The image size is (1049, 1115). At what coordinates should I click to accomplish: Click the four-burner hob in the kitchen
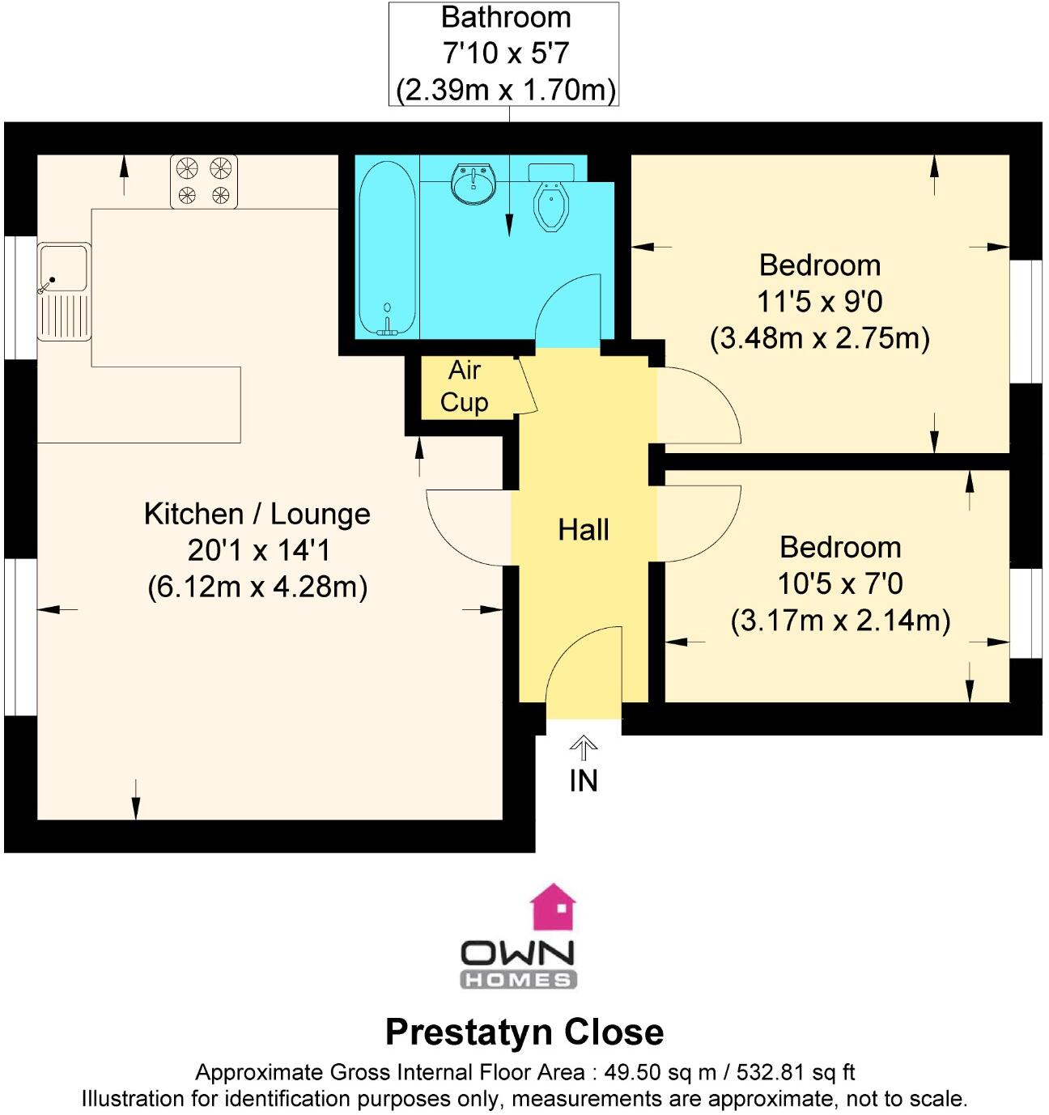204,181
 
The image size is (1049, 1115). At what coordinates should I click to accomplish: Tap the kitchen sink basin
64,268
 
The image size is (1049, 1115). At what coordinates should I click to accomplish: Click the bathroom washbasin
474,184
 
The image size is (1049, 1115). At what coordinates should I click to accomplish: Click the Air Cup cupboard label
465,386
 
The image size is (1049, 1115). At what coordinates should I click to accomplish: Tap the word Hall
583,530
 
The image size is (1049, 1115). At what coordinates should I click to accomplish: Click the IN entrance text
583,781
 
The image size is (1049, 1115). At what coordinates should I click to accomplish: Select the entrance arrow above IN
583,746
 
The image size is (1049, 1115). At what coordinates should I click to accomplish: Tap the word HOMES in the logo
518,980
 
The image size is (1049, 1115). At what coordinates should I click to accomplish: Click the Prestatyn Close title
524,1032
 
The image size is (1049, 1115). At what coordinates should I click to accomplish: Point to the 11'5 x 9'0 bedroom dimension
819,302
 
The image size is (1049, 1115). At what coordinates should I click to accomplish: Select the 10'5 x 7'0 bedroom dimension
840,583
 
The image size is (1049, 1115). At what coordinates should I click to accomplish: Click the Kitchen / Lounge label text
257,514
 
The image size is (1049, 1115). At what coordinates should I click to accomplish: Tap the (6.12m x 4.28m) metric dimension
257,586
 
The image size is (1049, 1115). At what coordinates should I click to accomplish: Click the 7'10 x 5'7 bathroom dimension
505,53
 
